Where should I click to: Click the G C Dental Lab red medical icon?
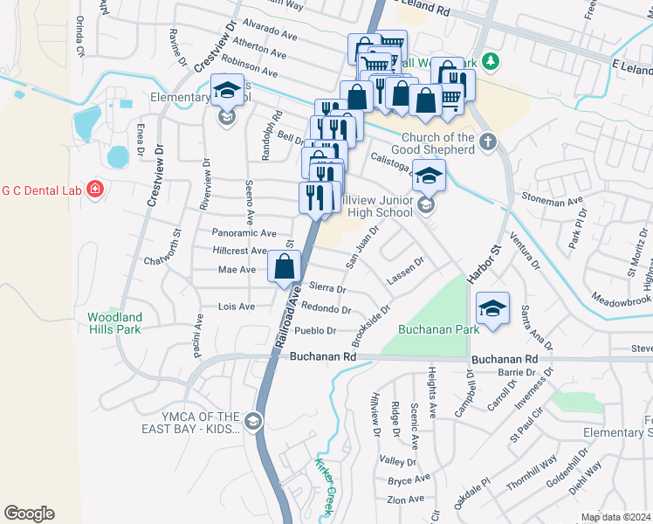click(x=94, y=189)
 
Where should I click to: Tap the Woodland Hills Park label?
click(x=114, y=323)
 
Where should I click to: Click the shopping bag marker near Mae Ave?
click(x=285, y=266)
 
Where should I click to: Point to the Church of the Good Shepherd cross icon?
click(x=487, y=141)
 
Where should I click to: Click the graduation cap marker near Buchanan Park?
click(x=493, y=308)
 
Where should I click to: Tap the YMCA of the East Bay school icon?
click(x=253, y=422)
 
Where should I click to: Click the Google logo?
click(x=29, y=514)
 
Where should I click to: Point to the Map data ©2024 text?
click(x=615, y=517)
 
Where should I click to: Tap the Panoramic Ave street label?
click(x=244, y=233)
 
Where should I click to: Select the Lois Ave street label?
click(x=236, y=307)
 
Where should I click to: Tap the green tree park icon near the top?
click(x=491, y=60)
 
